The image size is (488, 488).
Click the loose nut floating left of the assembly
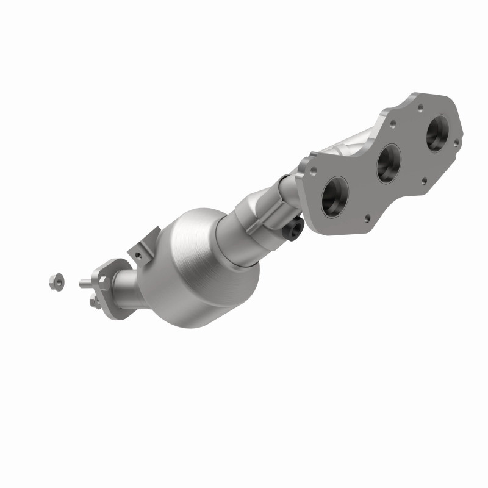point(53,281)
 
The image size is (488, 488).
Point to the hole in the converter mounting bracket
point(140,249)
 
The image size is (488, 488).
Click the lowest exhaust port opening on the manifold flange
point(335,196)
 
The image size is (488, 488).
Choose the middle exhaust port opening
point(389,164)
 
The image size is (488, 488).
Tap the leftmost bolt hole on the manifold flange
point(312,171)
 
